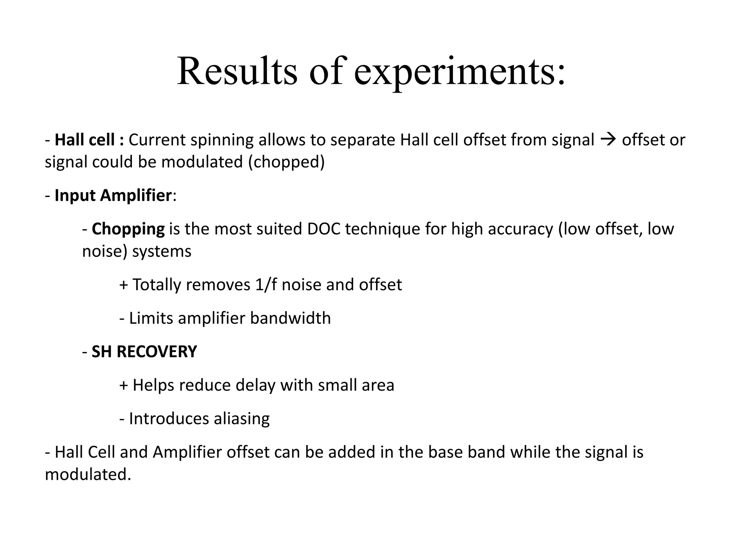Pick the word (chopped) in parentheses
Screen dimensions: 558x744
pyautogui.click(x=286, y=162)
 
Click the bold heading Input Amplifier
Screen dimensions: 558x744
pyautogui.click(x=113, y=195)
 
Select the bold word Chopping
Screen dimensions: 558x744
pyautogui.click(x=128, y=229)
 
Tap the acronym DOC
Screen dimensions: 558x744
pyautogui.click(x=324, y=229)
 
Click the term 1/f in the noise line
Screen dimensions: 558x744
pyautogui.click(x=266, y=285)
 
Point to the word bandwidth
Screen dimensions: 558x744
pyautogui.click(x=290, y=318)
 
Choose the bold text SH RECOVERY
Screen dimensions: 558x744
pyautogui.click(x=144, y=352)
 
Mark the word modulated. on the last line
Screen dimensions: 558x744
pyautogui.click(x=88, y=475)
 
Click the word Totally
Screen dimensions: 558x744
pyautogui.click(x=157, y=285)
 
